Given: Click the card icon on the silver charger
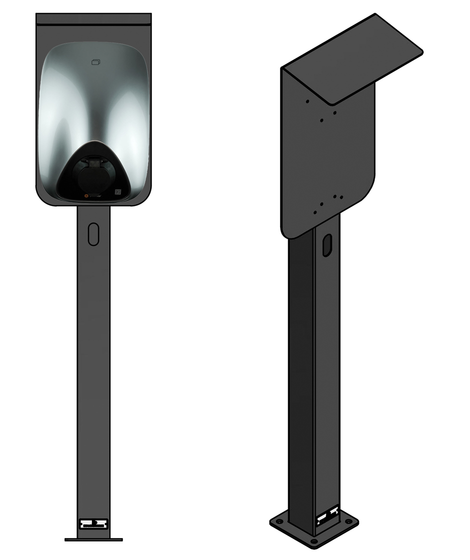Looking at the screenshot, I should (x=96, y=62).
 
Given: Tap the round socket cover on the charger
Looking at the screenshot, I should (x=94, y=172).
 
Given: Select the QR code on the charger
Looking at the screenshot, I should (x=118, y=191).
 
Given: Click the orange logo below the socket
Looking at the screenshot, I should (x=86, y=196).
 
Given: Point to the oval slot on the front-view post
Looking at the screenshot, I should (x=93, y=233).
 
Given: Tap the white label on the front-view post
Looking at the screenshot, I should (x=93, y=523).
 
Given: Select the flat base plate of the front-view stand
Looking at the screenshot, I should (x=93, y=539).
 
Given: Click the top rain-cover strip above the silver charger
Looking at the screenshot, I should (x=93, y=19).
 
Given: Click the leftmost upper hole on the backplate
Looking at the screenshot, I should (x=307, y=101).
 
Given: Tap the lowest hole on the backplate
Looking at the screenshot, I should (x=314, y=212).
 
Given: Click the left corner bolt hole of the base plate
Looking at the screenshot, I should (x=279, y=521).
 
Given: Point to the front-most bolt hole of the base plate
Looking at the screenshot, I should (x=313, y=541).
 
